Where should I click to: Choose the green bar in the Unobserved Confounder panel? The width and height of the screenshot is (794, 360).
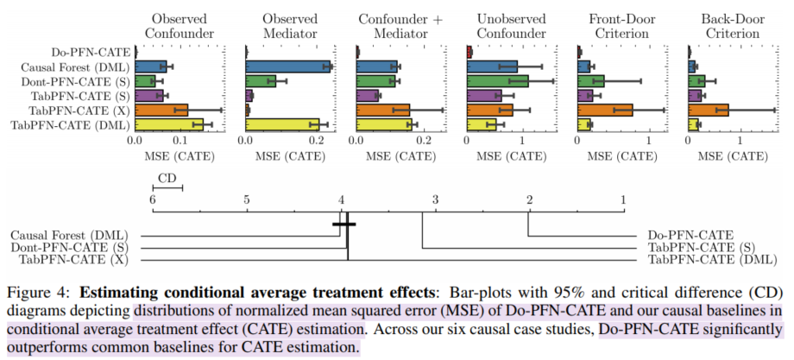(498, 81)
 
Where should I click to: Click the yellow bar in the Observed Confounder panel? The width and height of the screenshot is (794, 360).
(169, 124)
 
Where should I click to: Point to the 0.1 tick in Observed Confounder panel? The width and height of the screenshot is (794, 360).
(180, 139)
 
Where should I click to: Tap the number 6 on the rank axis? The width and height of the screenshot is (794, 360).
(153, 199)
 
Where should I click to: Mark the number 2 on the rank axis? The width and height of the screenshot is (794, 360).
(528, 199)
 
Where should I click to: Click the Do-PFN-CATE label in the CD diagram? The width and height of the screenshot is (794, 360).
(690, 234)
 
